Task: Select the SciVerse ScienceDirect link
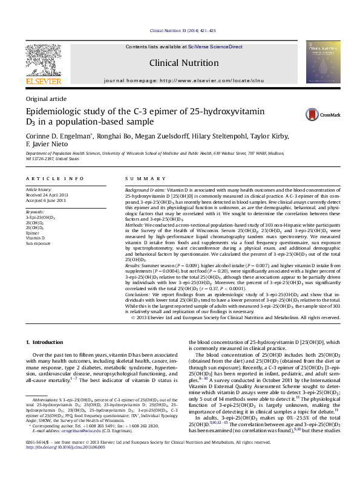point(215,47)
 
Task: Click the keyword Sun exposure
point(38,244)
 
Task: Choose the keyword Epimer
point(32,233)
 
